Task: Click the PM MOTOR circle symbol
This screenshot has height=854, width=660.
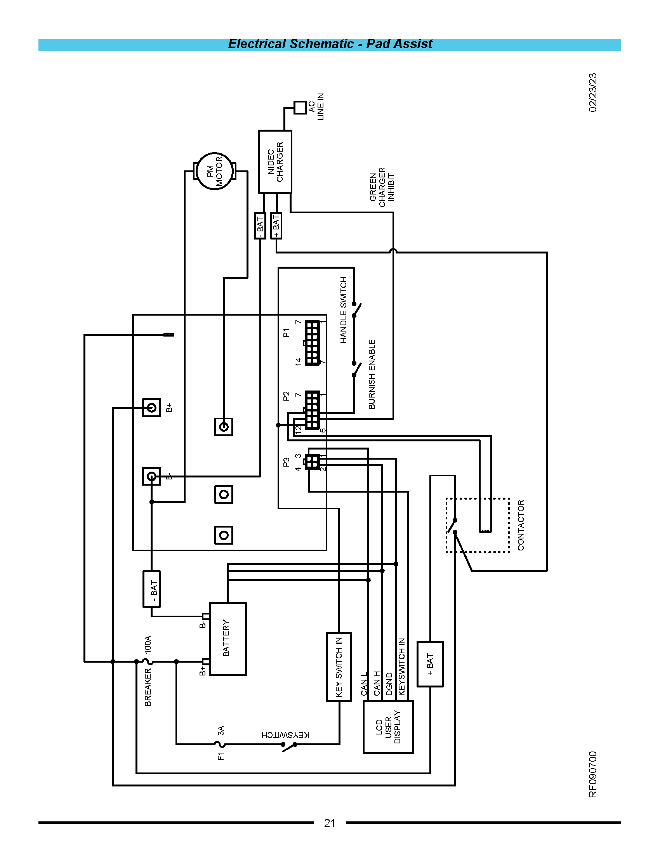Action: pos(214,171)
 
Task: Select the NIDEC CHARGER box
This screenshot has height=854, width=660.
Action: pos(275,161)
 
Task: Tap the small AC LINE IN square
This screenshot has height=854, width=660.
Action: pos(300,108)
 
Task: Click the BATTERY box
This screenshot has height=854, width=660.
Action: pos(228,639)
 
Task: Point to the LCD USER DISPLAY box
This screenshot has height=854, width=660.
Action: pos(388,727)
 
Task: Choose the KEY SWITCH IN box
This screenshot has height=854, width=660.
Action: pos(339,667)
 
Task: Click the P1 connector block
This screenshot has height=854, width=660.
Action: pos(313,343)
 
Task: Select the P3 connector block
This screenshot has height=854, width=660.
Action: pos(313,462)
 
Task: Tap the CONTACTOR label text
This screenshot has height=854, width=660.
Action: pos(521,525)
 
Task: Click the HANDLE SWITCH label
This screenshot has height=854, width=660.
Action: pos(344,310)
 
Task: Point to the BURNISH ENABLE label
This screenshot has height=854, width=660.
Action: pos(372,374)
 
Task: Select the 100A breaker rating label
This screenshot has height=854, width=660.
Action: pos(148,644)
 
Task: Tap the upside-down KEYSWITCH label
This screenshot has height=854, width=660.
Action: pos(285,735)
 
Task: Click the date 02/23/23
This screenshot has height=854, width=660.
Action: pos(593,93)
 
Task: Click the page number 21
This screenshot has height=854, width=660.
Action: pos(330,823)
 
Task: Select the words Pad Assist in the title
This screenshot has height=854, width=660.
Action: pos(399,44)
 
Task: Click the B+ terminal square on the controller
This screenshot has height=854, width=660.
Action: pos(151,408)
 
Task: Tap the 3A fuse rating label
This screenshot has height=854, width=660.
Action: pos(221,731)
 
